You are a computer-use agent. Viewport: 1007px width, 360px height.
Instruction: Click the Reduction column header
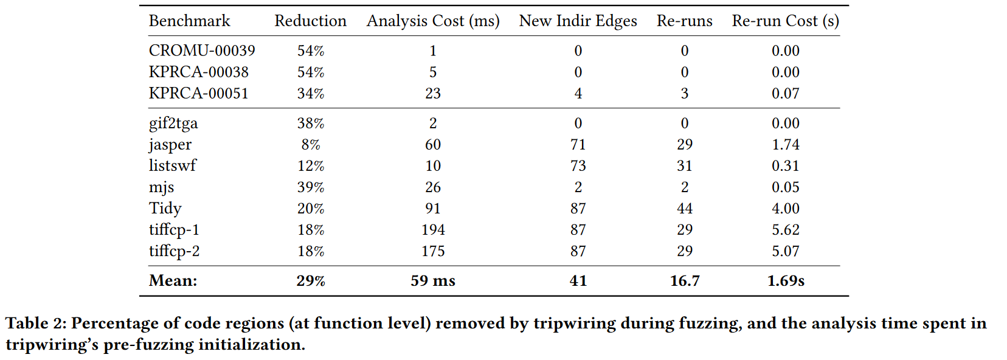point(310,21)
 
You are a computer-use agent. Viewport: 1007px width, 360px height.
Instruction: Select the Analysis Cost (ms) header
point(433,21)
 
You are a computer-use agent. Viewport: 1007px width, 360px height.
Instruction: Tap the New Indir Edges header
point(578,21)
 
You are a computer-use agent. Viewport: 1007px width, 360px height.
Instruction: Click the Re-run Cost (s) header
point(785,21)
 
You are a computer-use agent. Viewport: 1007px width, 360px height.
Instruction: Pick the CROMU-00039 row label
point(202,50)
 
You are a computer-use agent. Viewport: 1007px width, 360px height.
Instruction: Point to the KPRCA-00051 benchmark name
point(199,93)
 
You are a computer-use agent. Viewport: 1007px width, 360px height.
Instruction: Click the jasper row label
point(170,145)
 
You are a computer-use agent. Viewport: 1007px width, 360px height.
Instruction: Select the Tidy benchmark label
point(165,209)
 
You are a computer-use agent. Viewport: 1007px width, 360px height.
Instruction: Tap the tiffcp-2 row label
point(175,251)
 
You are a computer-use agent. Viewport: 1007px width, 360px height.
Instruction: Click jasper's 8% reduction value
point(310,145)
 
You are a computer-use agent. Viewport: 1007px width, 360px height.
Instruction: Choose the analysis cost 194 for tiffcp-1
point(433,230)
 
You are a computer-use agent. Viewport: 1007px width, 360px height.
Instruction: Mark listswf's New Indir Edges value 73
point(578,166)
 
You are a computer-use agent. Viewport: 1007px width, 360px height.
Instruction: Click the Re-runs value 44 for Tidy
point(685,209)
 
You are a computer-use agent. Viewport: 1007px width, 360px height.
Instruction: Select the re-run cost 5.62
point(785,230)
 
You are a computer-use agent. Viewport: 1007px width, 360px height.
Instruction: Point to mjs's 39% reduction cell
point(310,187)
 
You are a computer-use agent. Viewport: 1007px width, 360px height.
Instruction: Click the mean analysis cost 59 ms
point(433,281)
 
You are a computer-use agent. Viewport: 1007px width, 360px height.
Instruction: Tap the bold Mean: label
point(173,281)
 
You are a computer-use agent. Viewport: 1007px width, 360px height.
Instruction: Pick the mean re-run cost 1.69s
point(786,281)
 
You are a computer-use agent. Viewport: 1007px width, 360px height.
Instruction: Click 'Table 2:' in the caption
point(35,324)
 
